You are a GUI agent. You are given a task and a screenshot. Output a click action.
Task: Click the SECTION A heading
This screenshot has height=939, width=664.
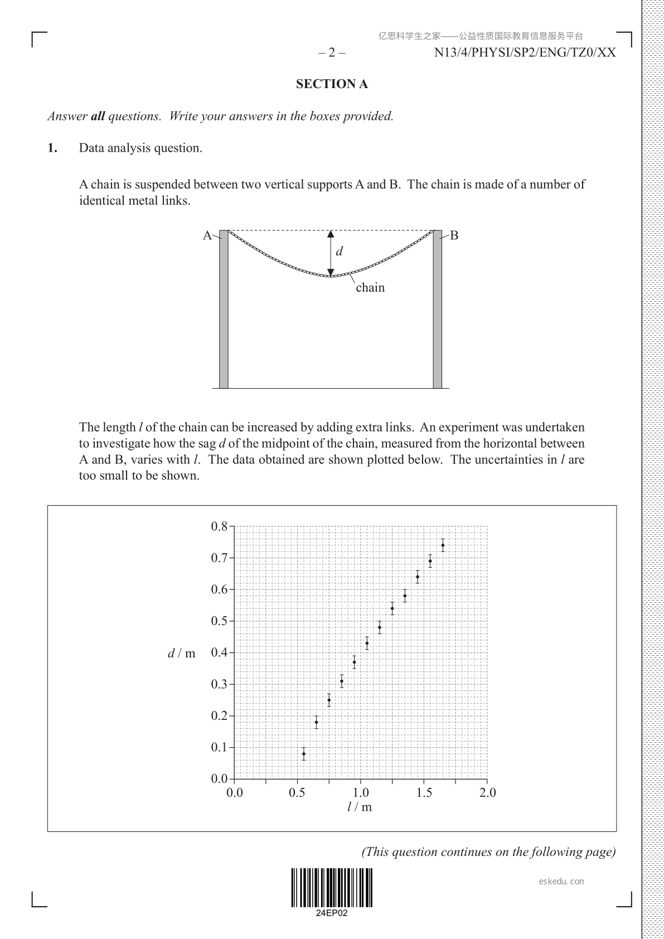pyautogui.click(x=332, y=84)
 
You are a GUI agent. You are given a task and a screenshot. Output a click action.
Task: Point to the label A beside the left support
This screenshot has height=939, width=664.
pyautogui.click(x=207, y=235)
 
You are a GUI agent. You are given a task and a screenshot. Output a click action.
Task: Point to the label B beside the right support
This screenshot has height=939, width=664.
pyautogui.click(x=454, y=235)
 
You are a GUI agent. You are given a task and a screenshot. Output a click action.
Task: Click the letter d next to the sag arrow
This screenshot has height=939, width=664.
pyautogui.click(x=339, y=251)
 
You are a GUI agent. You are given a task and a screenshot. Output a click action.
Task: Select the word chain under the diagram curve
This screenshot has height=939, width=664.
pyautogui.click(x=370, y=288)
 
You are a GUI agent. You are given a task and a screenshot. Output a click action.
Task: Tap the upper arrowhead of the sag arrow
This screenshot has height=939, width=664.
pyautogui.click(x=331, y=234)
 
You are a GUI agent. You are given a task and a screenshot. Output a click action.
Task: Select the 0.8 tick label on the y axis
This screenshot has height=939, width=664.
pyautogui.click(x=219, y=526)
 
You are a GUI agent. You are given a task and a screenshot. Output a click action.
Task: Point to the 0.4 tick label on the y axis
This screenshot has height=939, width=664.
pyautogui.click(x=219, y=652)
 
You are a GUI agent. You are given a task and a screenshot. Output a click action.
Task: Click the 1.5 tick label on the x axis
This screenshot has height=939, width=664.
pyautogui.click(x=424, y=793)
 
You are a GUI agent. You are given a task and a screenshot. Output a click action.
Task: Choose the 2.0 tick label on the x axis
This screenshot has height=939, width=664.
pyautogui.click(x=487, y=793)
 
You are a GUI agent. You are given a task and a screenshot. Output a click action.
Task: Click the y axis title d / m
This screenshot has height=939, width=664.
pyautogui.click(x=182, y=653)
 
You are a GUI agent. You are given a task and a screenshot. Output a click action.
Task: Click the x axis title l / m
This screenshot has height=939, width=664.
pyautogui.click(x=360, y=807)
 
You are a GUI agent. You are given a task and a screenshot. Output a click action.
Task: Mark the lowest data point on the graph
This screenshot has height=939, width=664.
pyautogui.click(x=304, y=754)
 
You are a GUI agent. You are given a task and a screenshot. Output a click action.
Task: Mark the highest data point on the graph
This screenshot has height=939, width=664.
pyautogui.click(x=443, y=545)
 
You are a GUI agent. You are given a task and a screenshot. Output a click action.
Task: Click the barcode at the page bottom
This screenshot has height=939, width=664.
pyautogui.click(x=331, y=888)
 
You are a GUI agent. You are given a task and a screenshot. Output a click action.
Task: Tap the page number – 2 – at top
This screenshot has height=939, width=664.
pyautogui.click(x=332, y=53)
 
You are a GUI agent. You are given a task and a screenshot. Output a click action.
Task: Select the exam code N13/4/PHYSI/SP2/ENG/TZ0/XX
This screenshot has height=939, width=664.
pyautogui.click(x=525, y=53)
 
